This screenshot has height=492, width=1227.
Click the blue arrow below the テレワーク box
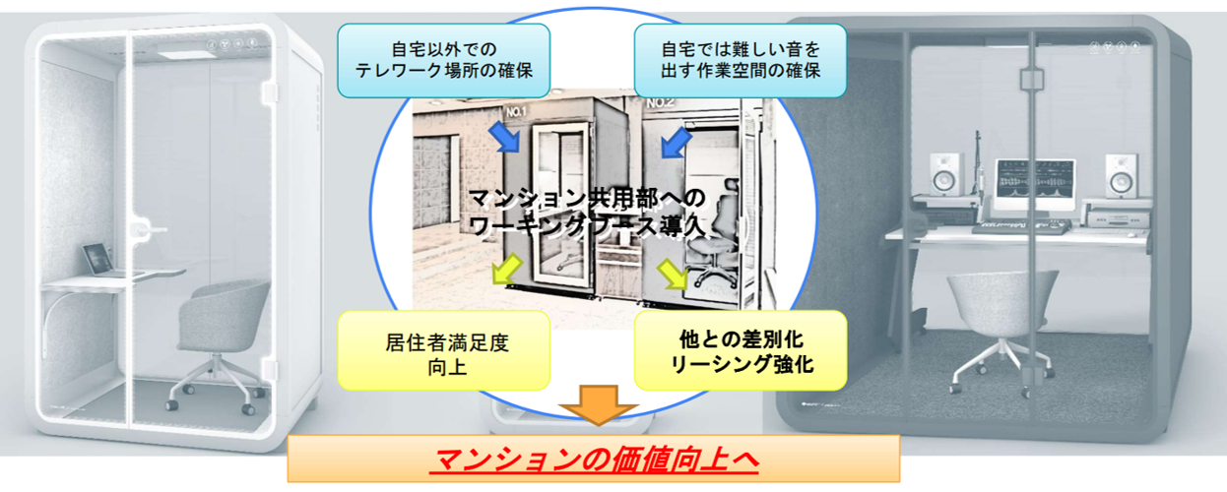[509, 138]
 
